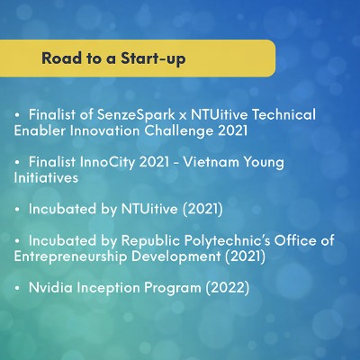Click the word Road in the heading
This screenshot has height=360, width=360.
pos(62,58)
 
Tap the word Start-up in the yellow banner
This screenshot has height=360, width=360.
pos(153,58)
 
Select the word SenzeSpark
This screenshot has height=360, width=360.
pos(136,115)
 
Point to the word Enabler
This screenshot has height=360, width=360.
pos(40,130)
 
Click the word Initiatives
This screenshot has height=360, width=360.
pos(46,177)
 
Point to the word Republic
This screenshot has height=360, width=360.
pos(150,240)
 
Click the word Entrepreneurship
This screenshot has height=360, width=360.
pos(70,257)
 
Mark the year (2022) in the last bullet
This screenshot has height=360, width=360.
pos(228,288)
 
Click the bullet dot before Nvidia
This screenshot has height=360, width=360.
pos(17,288)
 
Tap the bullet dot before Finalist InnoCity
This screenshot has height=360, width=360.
pos(17,163)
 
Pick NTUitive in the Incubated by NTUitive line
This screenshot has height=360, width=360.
pos(149,209)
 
